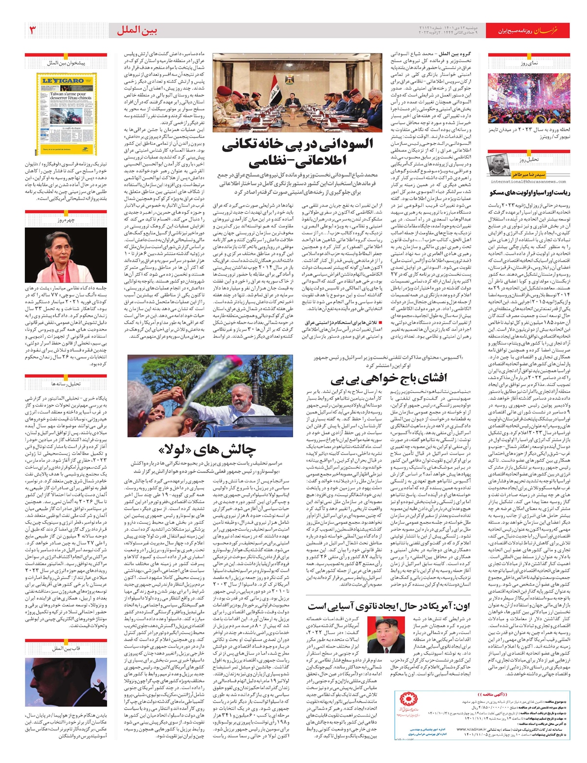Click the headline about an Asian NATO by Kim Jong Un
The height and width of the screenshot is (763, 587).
(x=389, y=606)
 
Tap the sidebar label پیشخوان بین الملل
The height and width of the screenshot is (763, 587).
(x=67, y=63)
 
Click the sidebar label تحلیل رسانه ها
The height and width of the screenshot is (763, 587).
(x=67, y=384)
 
